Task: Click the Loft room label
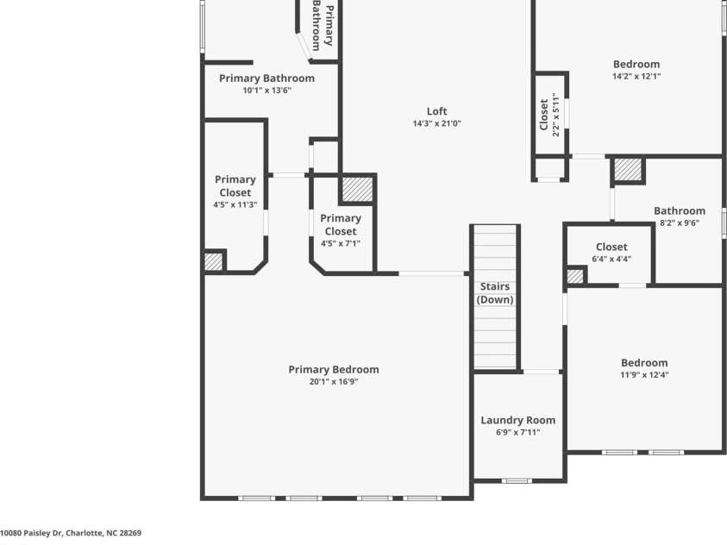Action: click(x=437, y=111)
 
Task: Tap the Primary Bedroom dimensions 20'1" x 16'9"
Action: click(x=334, y=381)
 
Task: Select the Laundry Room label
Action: click(x=517, y=420)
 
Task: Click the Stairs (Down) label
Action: click(x=495, y=293)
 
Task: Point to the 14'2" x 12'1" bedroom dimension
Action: click(x=636, y=76)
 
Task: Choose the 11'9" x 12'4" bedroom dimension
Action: click(x=644, y=375)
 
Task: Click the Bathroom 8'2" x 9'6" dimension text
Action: click(x=680, y=222)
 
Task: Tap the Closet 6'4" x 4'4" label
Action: click(x=611, y=247)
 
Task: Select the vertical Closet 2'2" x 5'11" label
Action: click(x=549, y=115)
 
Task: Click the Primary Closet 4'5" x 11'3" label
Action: click(x=235, y=191)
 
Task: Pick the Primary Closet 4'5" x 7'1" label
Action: click(x=341, y=230)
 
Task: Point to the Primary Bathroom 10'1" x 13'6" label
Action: click(x=266, y=78)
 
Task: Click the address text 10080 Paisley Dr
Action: click(x=71, y=534)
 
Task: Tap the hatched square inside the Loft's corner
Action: click(x=357, y=189)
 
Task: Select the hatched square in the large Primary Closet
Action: click(x=213, y=261)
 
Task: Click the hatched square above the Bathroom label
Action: click(x=628, y=170)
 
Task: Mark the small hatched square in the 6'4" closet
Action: click(x=575, y=276)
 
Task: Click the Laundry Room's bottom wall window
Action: click(x=517, y=480)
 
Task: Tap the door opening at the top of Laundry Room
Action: click(x=542, y=372)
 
